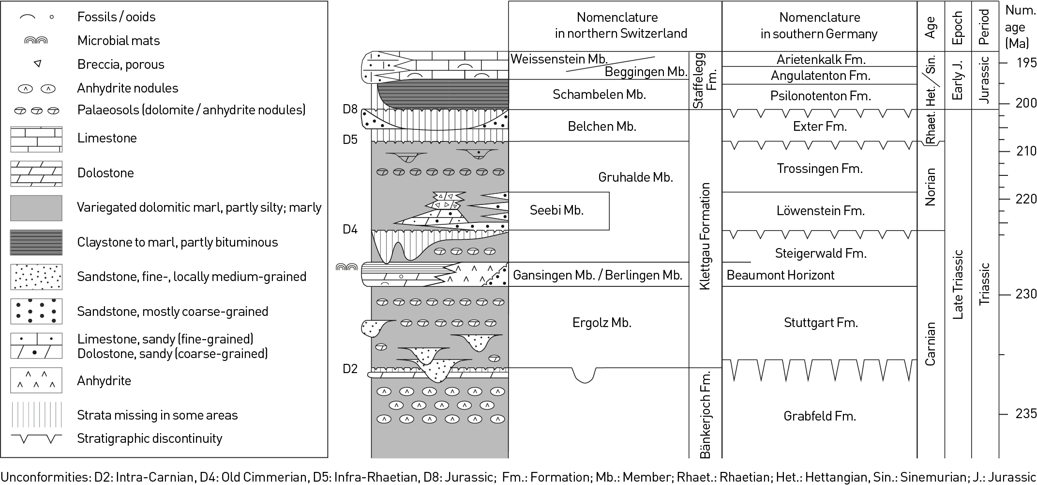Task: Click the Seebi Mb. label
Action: point(556,210)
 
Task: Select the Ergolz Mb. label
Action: point(602,323)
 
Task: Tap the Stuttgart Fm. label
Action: point(821,323)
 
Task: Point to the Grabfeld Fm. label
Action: point(820,416)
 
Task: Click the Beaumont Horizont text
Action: point(781,275)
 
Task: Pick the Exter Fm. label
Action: point(820,126)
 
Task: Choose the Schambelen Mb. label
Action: point(599,94)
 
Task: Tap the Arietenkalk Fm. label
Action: point(821,59)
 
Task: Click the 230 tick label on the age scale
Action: point(1025,294)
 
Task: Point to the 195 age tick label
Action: point(1025,63)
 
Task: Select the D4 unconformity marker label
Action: point(350,229)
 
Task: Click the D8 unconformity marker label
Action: point(350,109)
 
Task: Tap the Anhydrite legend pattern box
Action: point(36,380)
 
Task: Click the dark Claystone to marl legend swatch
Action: point(36,242)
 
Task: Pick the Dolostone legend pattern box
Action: point(36,173)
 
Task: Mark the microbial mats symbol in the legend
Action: point(36,41)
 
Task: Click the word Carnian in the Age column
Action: point(930,343)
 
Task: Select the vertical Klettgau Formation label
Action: point(705,236)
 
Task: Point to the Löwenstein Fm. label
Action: point(820,211)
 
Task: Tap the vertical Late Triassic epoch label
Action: point(958,284)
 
